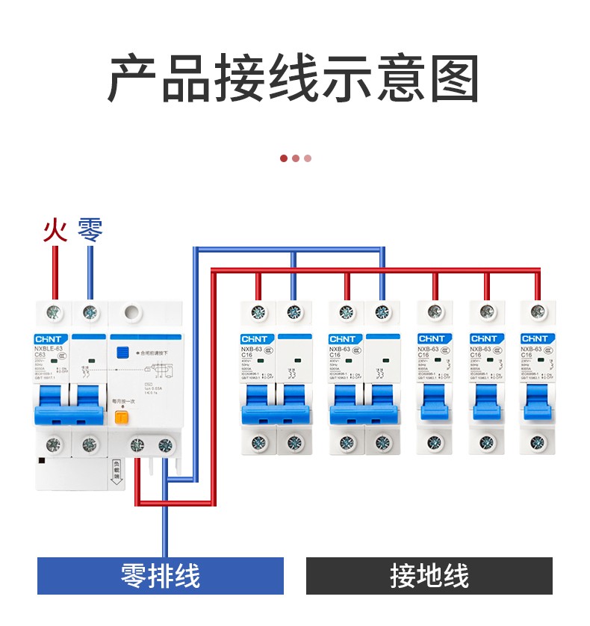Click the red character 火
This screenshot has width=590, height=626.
[x=55, y=229]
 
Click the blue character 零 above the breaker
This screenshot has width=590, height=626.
[x=90, y=229]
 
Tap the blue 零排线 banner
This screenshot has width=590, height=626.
[x=161, y=576]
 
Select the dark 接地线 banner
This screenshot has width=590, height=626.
[x=429, y=576]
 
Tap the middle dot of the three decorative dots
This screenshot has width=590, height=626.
[x=296, y=158]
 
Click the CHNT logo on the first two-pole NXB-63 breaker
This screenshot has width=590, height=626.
[x=257, y=339]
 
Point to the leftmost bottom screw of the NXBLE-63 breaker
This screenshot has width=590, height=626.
[x=54, y=445]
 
